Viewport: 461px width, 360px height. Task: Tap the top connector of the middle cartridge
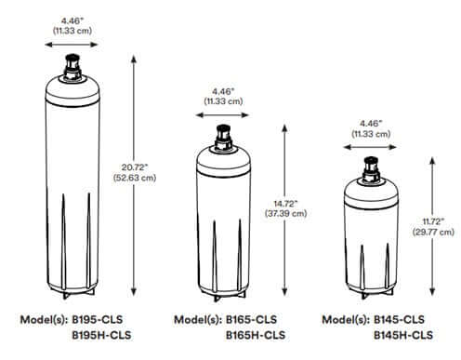click(224, 136)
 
